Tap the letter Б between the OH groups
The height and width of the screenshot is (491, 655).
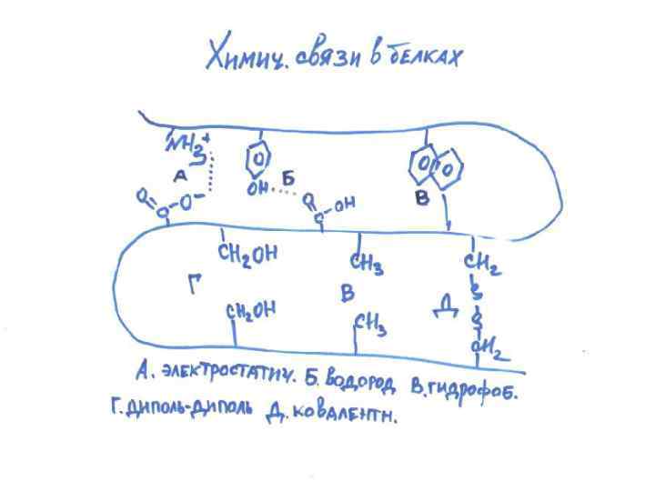[x=287, y=179]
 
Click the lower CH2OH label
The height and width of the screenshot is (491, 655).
[x=251, y=312]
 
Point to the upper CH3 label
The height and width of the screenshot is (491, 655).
[x=366, y=265]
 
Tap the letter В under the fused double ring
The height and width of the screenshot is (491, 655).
[x=422, y=197]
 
